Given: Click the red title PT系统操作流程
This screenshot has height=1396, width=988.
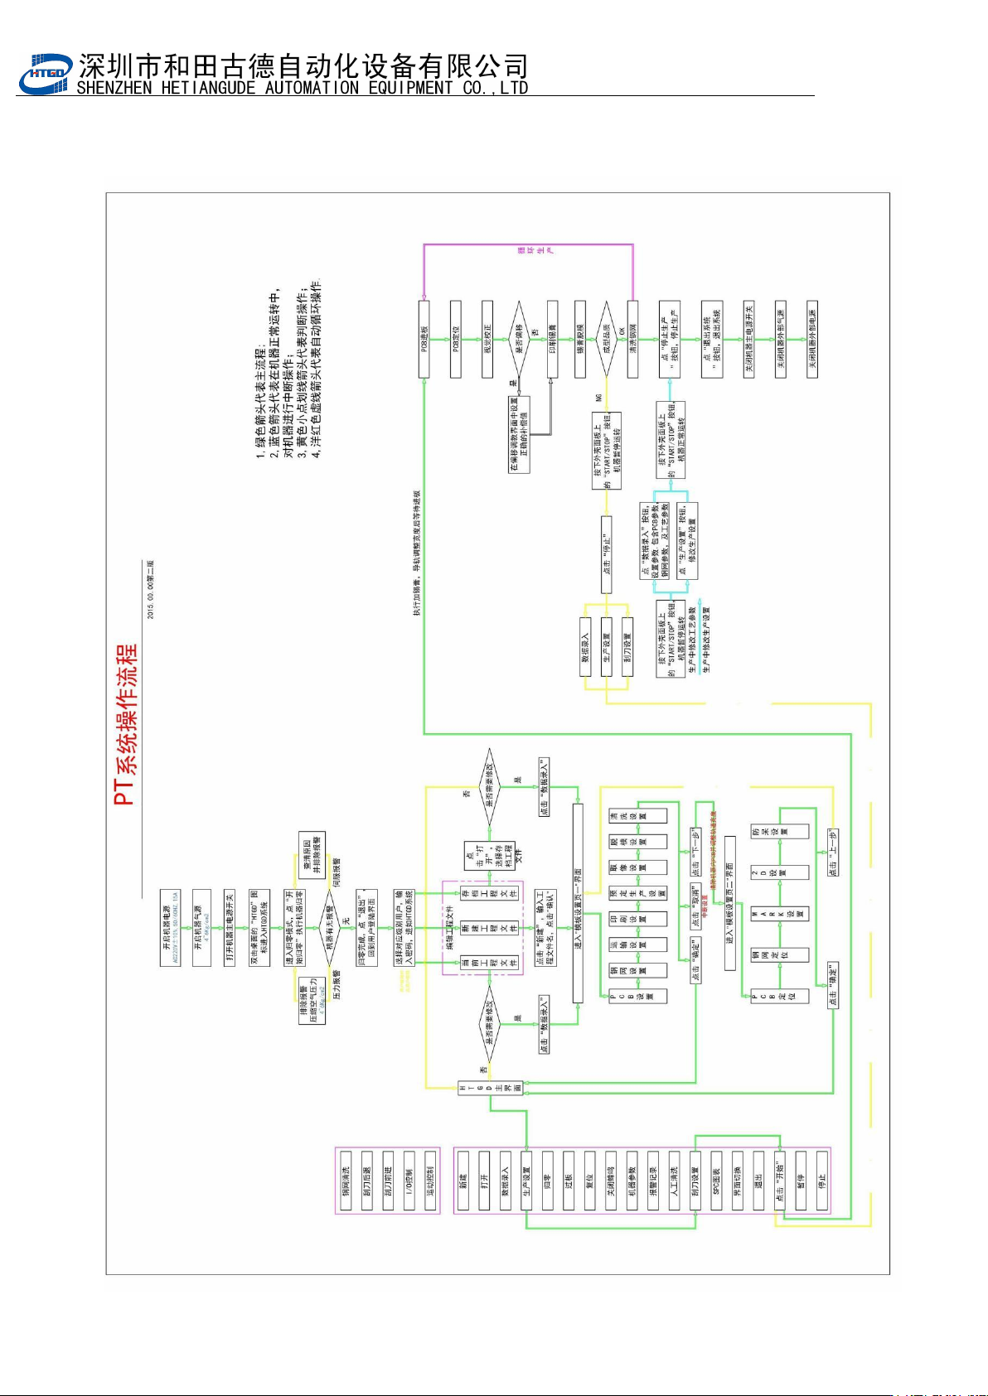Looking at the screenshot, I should pos(126,725).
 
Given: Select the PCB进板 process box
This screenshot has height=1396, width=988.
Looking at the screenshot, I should pos(424,340).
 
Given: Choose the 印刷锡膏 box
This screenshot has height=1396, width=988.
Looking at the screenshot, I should pos(552,340).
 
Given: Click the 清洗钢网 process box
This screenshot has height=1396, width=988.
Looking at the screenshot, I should pos(633,340).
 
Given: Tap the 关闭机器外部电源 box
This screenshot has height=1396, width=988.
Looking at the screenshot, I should pos(812,340).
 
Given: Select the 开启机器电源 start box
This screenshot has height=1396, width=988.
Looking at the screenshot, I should pos(171,928).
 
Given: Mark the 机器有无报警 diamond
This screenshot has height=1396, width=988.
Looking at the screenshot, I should pos(330,928).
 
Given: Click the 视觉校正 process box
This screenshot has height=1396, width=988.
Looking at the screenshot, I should pos(487,340).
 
